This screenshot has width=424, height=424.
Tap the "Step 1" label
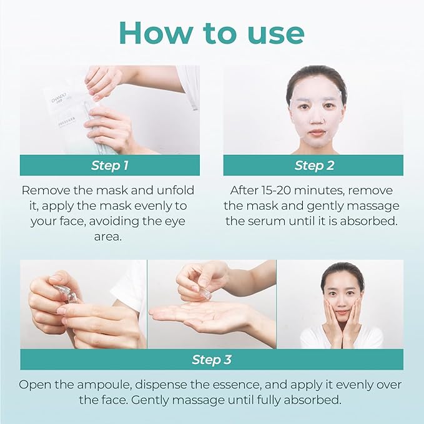110,165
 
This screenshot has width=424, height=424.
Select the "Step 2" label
313,165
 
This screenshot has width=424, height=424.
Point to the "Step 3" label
212,360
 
